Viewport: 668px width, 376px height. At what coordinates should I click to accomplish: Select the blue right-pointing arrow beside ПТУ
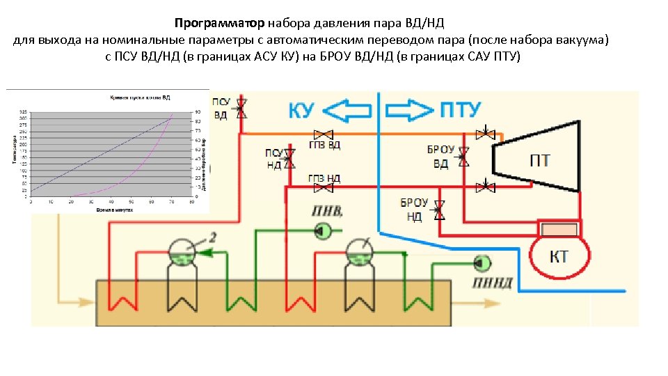point(409,110)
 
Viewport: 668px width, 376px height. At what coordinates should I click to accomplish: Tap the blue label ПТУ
point(461,110)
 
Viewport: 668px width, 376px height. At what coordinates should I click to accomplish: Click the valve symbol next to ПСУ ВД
point(242,107)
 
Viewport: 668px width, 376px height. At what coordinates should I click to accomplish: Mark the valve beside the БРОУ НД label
point(439,210)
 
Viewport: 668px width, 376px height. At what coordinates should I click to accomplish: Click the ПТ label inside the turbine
point(539,161)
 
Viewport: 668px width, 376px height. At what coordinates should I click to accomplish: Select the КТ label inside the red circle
point(559,257)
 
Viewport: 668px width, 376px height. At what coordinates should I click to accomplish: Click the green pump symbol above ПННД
point(479,263)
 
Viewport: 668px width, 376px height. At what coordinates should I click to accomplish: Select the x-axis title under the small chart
point(114,208)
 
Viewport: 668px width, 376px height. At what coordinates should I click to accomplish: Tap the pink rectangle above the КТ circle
point(560,229)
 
